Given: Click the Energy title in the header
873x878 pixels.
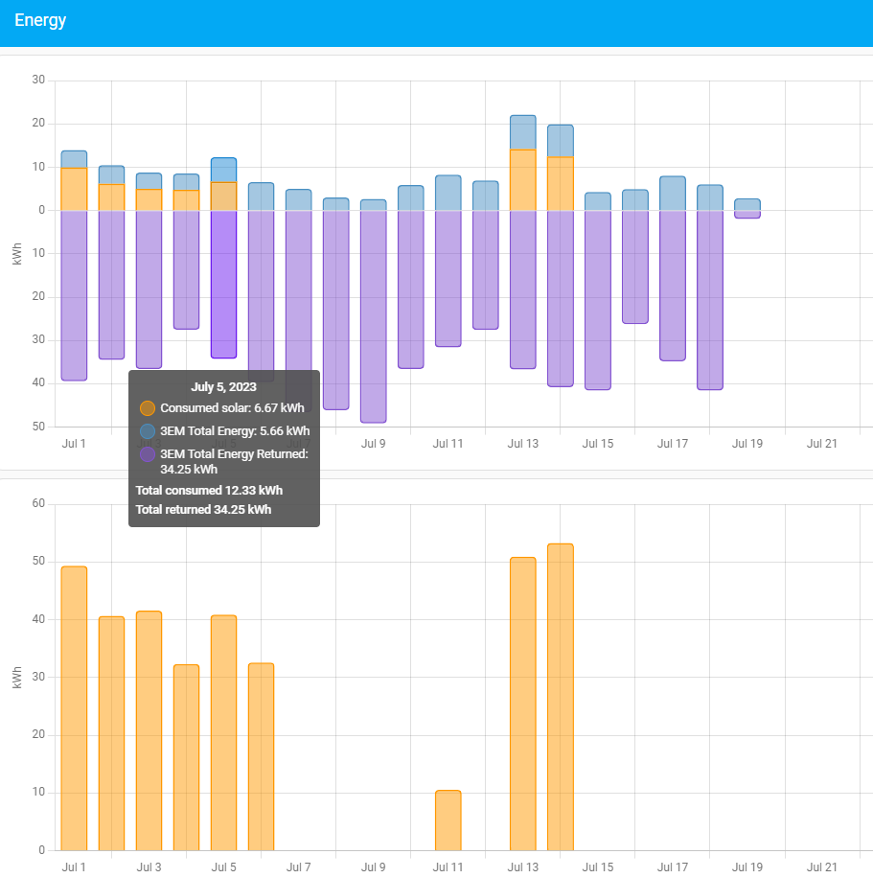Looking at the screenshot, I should [40, 20].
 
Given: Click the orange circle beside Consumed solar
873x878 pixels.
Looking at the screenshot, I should [148, 408].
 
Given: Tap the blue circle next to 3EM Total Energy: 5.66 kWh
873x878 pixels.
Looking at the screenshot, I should [148, 431].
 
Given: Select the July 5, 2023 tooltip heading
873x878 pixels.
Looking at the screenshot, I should [223, 387].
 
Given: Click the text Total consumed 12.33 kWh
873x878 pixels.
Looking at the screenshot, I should [209, 490].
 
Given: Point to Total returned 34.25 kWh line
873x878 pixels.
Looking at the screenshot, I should [203, 509].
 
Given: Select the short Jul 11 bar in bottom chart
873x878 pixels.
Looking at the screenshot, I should [448, 820].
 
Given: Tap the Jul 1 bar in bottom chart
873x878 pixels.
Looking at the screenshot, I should [74, 708].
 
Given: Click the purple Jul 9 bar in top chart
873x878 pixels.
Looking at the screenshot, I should [373, 316].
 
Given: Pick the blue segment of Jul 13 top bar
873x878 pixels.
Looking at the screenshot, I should [522, 132].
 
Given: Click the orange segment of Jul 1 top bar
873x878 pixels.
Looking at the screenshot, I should [74, 189].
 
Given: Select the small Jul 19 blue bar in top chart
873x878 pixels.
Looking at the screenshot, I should [747, 204].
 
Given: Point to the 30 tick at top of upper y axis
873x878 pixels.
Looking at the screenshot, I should [38, 80].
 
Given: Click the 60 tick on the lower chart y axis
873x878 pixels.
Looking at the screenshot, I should [38, 503].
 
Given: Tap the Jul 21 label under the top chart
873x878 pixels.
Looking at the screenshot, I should [821, 444].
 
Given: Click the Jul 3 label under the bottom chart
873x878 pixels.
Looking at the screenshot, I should [149, 867].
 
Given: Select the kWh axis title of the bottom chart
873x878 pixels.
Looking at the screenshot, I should [17, 678].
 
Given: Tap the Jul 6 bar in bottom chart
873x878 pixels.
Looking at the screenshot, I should [261, 756].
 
